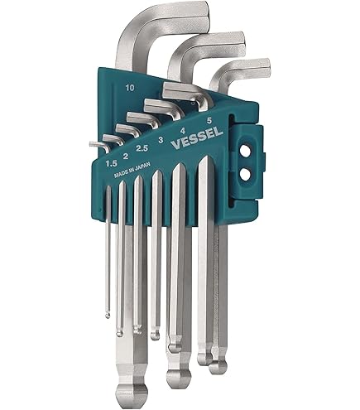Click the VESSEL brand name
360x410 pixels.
pyautogui.click(x=197, y=137)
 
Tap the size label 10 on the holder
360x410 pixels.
pyautogui.click(x=130, y=88)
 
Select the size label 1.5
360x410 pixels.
pyautogui.click(x=111, y=163)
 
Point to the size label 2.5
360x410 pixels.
pyautogui.click(x=142, y=148)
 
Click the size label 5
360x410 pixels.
pyautogui.click(x=209, y=120)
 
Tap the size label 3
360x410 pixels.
pyautogui.click(x=160, y=140)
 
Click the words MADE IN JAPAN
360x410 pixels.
pyautogui.click(x=132, y=171)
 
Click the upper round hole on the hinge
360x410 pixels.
pyautogui.click(x=244, y=152)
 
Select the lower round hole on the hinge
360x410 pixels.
pyautogui.click(x=244, y=175)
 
